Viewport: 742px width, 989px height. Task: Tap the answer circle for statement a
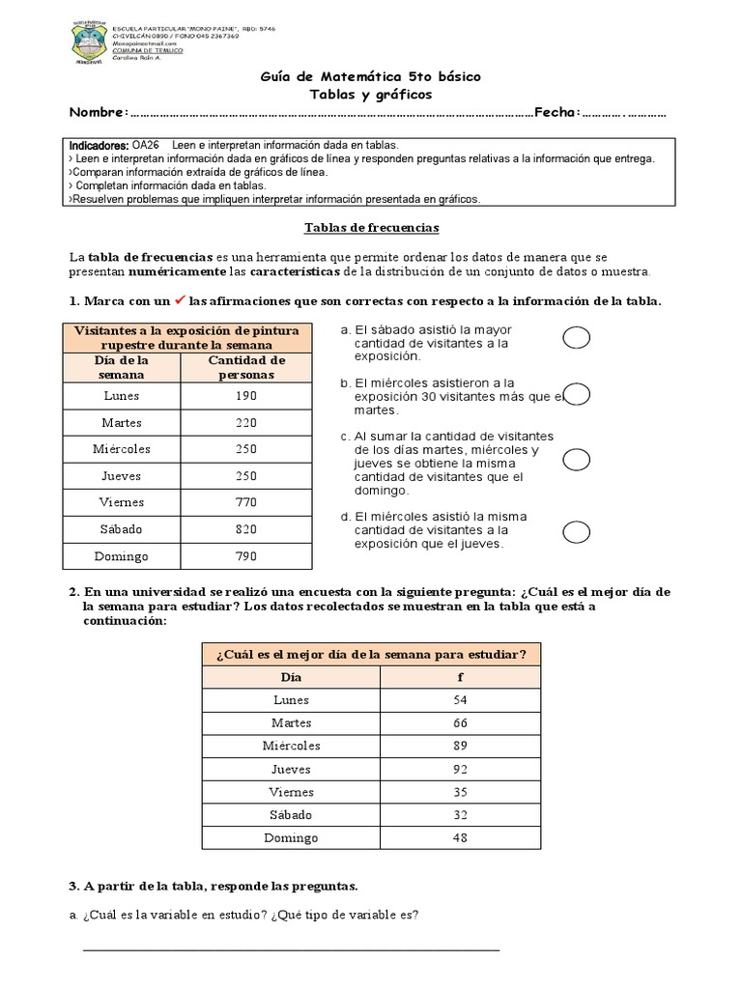577,336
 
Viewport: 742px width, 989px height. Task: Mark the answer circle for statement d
577,531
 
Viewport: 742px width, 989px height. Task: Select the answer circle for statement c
577,460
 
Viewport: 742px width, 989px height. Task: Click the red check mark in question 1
179,300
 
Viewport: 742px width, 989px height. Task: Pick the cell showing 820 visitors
246,528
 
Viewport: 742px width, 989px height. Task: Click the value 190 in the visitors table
246,396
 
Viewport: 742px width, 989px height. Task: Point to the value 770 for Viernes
246,502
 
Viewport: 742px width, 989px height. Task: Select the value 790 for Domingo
246,555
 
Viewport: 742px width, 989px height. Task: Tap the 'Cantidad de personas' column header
246,367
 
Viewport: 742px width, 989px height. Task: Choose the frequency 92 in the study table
459,770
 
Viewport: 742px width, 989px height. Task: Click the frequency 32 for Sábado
459,815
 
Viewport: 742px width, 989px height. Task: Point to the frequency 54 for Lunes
459,700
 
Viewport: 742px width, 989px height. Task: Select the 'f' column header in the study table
459,678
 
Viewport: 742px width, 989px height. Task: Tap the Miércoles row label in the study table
291,747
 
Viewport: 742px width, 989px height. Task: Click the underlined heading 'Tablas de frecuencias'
371,228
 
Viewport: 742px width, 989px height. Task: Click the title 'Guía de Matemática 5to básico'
371,76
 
